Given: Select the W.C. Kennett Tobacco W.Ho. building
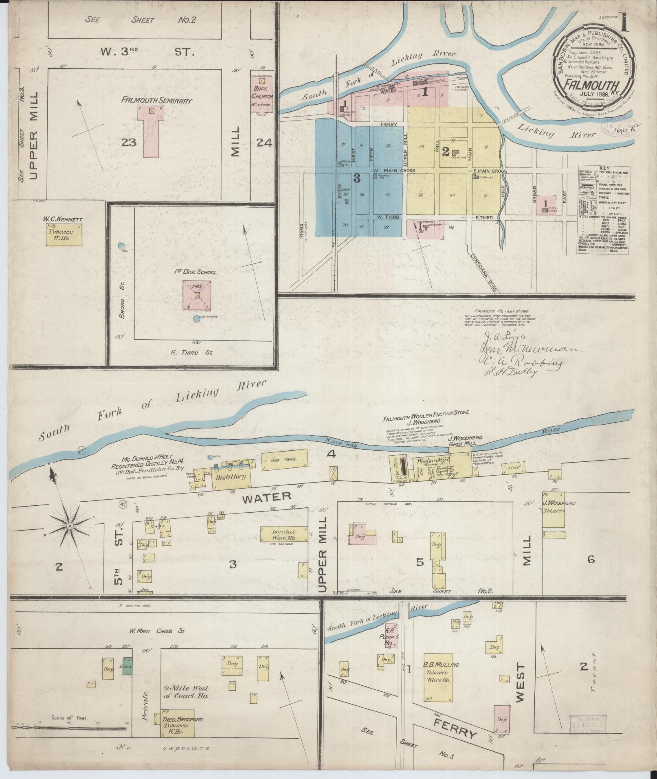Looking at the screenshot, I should click(64, 235).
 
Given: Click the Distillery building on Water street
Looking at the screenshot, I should click(231, 476).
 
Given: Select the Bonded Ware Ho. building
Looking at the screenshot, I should click(283, 534).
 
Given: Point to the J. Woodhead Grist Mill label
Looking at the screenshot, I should click(465, 440).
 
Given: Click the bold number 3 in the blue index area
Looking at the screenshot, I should click(356, 178).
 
